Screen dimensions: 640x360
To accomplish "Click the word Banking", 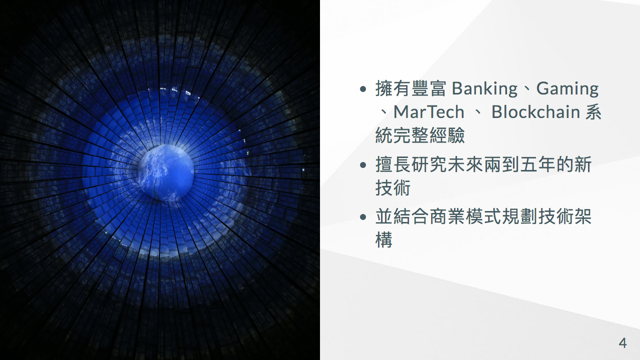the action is click(484, 89).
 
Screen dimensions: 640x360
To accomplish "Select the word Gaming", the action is click(567, 89).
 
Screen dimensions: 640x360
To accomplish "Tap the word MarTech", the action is click(429, 111).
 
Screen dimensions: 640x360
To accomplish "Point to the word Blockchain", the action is click(535, 111).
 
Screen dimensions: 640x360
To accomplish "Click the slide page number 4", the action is click(622, 343).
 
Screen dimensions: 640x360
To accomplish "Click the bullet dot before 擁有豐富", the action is click(363, 89).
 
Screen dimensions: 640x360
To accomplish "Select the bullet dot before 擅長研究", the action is click(363, 165).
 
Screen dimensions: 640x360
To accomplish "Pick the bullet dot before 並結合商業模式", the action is click(363, 217).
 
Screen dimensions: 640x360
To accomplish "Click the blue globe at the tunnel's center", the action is click(165, 173).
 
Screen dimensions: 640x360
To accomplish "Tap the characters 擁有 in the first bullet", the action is click(393, 88).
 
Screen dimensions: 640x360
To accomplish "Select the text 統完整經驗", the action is click(420, 135).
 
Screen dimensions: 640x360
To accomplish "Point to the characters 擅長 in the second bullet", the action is click(393, 164).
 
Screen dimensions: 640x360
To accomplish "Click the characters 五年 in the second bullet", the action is click(537, 164).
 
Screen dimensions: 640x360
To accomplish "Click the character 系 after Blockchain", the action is click(593, 111).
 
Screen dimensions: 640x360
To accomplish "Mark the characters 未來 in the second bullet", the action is click(465, 164).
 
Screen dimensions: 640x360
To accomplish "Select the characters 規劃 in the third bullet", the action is click(519, 216).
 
